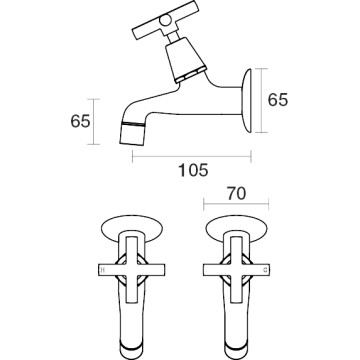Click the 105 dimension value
pyautogui.click(x=193, y=170)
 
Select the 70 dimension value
pyautogui.click(x=236, y=194)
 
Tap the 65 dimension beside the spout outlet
pyautogui.click(x=80, y=121)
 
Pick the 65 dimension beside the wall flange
pyautogui.click(x=278, y=100)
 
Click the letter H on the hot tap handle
pyautogui.click(x=103, y=270)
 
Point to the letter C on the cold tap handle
pyautogui.click(x=265, y=270)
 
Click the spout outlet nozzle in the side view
pyautogui.click(x=132, y=134)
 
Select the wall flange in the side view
pyautogui.click(x=247, y=100)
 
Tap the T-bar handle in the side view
pyautogui.click(x=166, y=20)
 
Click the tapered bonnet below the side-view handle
pyautogui.click(x=186, y=59)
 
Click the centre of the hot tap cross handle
pyautogui.click(x=132, y=270)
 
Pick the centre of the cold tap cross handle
pyautogui.click(x=237, y=270)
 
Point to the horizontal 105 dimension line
pyautogui.click(x=192, y=156)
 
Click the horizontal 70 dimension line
pyautogui.click(x=236, y=204)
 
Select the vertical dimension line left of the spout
pyautogui.click(x=94, y=122)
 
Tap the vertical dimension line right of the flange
pyautogui.click(x=261, y=100)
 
